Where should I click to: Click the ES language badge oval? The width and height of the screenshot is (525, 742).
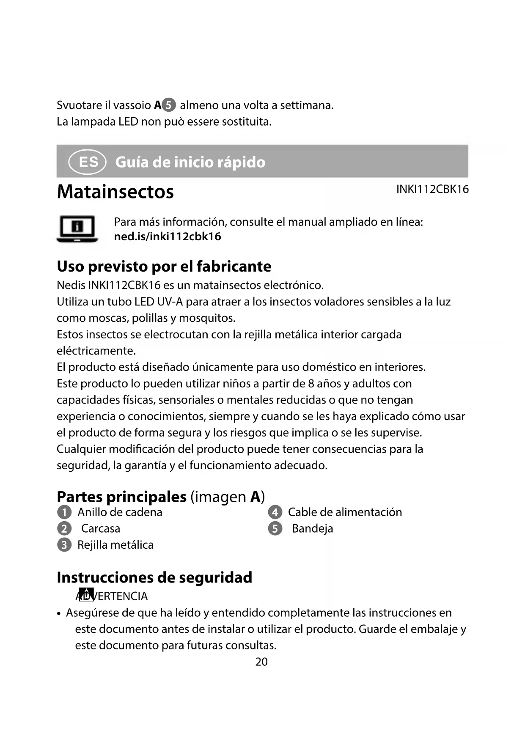click(x=87, y=162)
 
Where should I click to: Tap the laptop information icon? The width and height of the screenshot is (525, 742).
click(x=77, y=229)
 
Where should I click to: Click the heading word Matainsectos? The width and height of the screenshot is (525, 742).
click(x=115, y=192)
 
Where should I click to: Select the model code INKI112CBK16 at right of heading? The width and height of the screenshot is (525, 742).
click(x=432, y=189)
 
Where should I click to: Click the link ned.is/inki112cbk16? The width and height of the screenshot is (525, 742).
click(x=168, y=236)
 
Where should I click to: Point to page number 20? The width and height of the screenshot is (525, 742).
click(x=261, y=662)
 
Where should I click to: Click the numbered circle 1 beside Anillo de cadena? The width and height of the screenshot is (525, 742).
click(x=64, y=512)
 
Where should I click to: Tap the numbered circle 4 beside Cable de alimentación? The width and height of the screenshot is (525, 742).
click(x=275, y=512)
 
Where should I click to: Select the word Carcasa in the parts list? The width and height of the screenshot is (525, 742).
click(x=101, y=528)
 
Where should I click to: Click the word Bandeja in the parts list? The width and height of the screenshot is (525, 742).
click(x=312, y=528)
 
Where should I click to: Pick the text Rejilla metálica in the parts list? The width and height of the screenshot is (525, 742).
click(x=115, y=545)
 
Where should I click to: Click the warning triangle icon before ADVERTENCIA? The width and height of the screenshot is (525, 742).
click(x=86, y=594)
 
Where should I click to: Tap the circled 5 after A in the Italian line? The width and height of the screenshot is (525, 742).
click(x=168, y=105)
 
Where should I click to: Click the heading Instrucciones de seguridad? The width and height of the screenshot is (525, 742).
click(x=154, y=577)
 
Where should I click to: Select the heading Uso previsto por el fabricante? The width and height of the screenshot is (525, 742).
click(x=164, y=267)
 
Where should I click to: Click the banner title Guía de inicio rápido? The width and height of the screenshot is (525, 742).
click(x=190, y=162)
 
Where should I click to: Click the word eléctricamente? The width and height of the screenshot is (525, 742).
click(x=96, y=351)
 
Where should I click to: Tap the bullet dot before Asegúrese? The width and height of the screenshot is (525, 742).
click(x=60, y=613)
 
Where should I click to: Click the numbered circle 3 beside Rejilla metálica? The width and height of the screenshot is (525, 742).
click(x=64, y=545)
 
